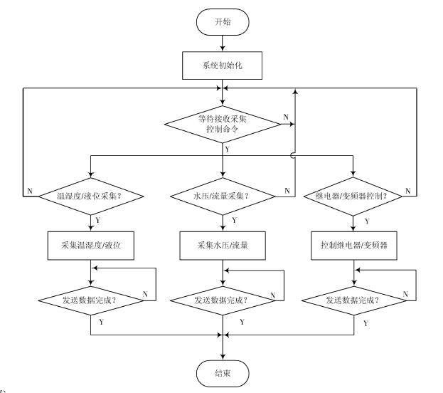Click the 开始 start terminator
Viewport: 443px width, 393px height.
223,23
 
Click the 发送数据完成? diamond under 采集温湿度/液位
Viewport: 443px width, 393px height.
92,300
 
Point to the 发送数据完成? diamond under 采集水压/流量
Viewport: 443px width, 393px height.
223,300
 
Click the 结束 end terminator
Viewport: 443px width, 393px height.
223,372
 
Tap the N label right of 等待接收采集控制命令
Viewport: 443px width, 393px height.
285,117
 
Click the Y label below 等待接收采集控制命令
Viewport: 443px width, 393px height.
227,150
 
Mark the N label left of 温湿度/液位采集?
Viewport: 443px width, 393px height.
30,190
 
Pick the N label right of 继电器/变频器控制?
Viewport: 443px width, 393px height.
407,190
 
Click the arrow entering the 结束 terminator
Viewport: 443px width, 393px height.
223,349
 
